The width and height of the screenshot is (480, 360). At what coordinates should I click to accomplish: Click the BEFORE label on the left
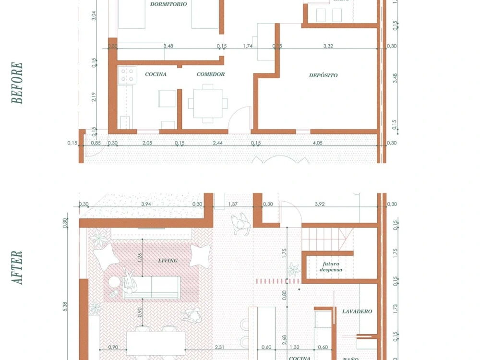coord(17,83)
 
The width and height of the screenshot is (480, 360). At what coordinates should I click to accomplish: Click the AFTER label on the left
coord(17,267)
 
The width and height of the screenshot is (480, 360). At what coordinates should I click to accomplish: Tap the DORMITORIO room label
coord(168,4)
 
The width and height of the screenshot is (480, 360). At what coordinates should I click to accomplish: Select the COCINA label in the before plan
coord(156,74)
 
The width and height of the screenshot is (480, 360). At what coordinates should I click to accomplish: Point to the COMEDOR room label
coord(211,74)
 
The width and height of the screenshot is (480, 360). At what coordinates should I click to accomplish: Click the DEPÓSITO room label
coord(323,75)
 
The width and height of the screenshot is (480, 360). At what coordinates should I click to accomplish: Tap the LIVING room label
coord(168,261)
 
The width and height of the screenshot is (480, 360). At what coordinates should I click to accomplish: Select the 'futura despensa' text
coord(331,266)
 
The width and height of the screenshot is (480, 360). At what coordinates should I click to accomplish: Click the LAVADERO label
coord(357,312)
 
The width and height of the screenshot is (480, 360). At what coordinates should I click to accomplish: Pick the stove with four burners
coord(127,74)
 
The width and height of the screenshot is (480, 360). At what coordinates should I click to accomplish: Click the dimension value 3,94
coord(146,204)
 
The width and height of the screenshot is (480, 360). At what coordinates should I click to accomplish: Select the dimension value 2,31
coord(219,347)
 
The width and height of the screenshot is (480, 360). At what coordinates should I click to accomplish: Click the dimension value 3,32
coord(328,46)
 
